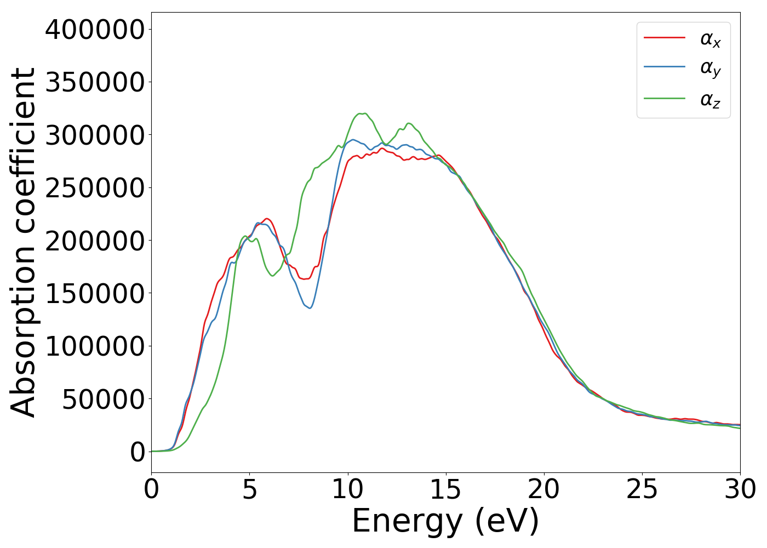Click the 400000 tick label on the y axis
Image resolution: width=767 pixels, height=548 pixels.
(95, 30)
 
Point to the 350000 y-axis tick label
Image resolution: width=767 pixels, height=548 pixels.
(95, 82)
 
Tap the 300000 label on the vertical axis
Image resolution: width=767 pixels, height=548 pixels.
(95, 135)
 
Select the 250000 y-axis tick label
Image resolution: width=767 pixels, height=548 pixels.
(95, 188)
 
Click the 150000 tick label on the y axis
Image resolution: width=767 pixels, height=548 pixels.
(95, 294)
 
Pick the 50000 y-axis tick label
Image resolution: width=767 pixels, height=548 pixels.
(103, 399)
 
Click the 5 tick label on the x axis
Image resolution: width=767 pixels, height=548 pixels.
(250, 489)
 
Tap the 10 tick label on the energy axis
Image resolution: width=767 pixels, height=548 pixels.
(347, 489)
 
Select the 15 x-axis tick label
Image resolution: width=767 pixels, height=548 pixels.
(445, 489)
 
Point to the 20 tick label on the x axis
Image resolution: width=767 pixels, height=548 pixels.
(543, 489)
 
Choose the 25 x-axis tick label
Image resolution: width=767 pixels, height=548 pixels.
(642, 489)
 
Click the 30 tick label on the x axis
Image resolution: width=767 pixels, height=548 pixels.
(740, 489)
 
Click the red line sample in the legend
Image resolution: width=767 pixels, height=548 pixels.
(664, 38)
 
